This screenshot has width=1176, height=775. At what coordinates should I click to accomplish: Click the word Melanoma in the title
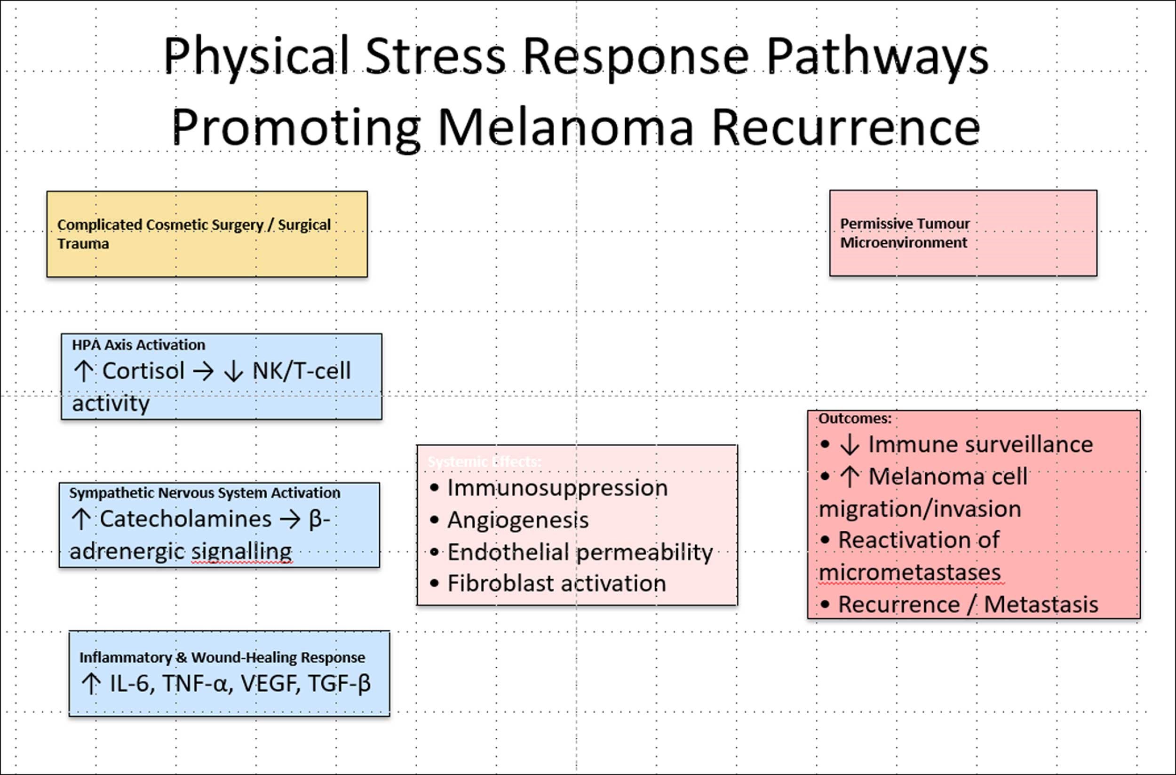565,128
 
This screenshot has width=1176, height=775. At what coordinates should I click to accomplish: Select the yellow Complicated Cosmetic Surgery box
207,234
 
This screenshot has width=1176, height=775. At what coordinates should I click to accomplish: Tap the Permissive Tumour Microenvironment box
963,233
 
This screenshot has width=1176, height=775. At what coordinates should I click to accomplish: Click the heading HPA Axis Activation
138,345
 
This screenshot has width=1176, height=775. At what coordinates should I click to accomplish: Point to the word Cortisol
143,371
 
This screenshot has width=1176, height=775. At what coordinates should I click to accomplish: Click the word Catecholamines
186,519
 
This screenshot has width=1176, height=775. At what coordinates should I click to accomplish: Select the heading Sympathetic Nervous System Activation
205,493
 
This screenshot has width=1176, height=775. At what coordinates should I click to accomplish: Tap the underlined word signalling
242,551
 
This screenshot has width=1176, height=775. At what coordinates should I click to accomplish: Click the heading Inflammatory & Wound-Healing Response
222,657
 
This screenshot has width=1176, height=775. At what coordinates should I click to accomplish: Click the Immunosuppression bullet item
557,488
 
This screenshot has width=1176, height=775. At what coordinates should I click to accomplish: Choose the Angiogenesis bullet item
518,520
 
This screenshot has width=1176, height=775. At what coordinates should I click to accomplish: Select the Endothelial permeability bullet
580,552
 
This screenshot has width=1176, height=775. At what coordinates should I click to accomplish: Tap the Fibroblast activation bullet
556,584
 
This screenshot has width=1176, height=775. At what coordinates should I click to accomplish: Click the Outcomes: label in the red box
855,419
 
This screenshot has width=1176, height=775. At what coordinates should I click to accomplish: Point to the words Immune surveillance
980,444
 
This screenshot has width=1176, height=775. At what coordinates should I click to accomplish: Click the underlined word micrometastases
910,572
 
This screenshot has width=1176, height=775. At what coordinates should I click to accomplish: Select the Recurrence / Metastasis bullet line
968,605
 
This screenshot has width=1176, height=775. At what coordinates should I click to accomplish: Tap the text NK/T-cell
302,371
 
